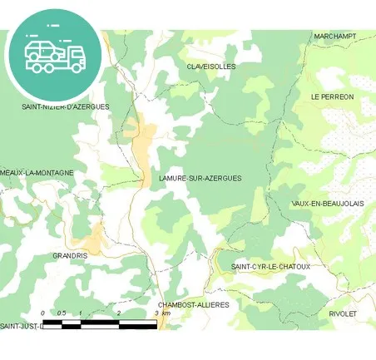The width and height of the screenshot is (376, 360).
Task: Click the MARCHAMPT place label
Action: pos(334,37)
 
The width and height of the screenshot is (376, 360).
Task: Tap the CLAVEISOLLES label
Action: pos(211,66)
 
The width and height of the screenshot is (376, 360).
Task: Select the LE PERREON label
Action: pos(332,97)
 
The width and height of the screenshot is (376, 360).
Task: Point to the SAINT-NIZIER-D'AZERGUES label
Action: pos(65,107)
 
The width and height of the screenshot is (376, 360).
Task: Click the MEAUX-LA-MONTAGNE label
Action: pos(37,173)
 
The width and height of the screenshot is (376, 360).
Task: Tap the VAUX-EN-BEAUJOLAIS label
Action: pos(328,204)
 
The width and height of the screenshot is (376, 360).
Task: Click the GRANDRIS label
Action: pos(70,255)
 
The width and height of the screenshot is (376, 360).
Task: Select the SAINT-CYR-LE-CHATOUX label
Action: pos(270,267)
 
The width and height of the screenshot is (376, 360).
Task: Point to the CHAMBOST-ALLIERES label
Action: pos(193,305)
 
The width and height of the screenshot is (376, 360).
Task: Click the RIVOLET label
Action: pos(343,313)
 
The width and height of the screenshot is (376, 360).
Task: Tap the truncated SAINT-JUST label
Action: pos(21,325)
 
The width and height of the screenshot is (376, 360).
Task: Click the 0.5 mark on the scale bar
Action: pos(61,313)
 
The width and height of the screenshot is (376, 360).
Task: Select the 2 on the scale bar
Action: pos(119,313)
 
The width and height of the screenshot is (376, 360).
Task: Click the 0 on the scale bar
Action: pos(42,313)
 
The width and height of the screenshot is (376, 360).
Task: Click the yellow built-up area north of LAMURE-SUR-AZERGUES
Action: pos(145,137)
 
